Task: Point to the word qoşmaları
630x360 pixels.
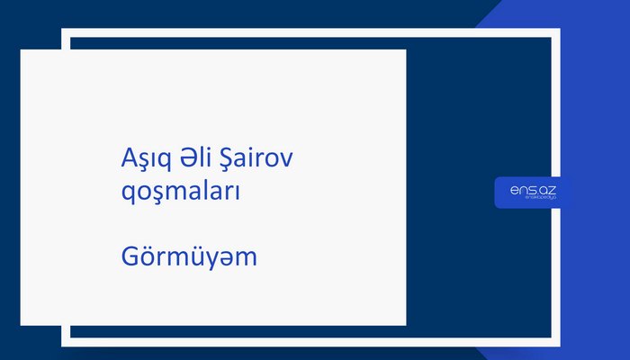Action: [x=180, y=192]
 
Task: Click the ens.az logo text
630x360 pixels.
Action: [x=533, y=188]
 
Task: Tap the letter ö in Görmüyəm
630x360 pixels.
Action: [x=147, y=257]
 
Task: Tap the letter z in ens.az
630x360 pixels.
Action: [x=552, y=189]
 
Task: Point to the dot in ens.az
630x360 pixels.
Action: [x=536, y=192]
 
